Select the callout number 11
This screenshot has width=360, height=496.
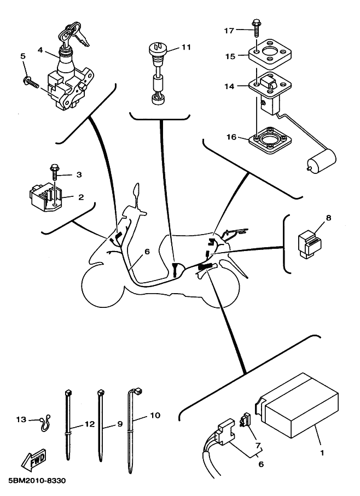186,48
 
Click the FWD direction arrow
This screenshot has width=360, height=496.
33,461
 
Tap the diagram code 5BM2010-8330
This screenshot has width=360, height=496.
37,481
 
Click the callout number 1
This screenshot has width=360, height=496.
322,453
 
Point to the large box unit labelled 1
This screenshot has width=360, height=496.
300,410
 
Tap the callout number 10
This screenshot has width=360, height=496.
155,416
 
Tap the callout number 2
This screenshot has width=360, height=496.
80,197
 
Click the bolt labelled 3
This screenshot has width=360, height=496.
55,171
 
